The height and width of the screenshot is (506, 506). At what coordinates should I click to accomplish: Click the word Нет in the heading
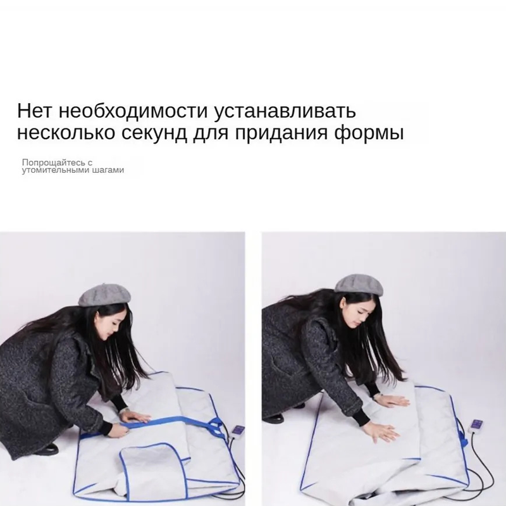34,111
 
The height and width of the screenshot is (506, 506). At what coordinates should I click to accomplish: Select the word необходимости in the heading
133,111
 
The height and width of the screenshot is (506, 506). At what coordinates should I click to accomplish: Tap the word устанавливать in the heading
285,111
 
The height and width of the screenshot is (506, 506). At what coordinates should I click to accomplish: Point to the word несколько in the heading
66,133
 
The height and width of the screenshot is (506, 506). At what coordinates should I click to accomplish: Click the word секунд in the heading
154,133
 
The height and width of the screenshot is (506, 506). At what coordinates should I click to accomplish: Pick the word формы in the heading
369,133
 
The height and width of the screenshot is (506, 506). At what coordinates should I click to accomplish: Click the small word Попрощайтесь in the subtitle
53,163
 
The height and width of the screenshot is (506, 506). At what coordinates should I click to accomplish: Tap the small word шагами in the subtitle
108,170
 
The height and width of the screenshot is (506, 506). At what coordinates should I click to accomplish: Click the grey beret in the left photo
104,295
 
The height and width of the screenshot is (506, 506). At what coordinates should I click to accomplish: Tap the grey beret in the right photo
359,285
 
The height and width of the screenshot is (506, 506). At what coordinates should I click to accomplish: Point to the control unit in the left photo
237,433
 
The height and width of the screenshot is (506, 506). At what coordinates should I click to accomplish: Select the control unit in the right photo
476,426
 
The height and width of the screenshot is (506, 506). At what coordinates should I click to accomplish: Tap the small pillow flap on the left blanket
152,465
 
